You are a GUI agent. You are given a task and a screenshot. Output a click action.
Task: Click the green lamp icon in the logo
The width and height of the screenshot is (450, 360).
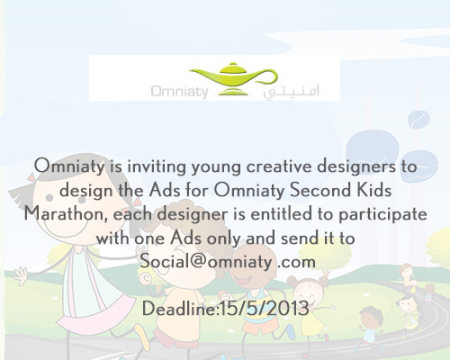233,78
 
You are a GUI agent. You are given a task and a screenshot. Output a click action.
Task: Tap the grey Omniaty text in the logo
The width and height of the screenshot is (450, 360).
179,91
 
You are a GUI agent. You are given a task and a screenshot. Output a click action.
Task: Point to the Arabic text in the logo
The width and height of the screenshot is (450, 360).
291,92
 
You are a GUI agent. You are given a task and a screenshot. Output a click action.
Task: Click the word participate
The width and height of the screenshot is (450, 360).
382,214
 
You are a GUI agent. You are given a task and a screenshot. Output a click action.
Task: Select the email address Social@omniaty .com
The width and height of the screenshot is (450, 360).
228,261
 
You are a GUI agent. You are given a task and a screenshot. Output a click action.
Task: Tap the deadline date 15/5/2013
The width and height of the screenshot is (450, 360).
265,309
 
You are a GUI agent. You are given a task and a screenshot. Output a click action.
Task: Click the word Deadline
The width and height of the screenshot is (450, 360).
179,309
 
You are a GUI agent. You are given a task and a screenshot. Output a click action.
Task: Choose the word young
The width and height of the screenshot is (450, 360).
216,167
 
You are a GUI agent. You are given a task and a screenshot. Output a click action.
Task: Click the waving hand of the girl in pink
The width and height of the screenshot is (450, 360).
20,276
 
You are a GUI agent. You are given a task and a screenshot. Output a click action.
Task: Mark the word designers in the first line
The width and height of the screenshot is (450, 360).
356,167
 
